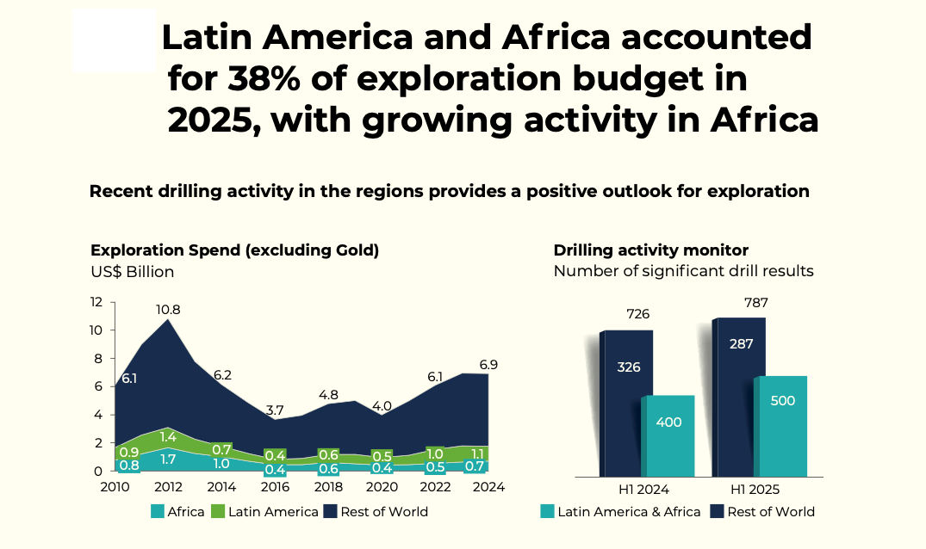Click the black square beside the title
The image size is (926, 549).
pos(114,40)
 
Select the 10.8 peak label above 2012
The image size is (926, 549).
pos(167,310)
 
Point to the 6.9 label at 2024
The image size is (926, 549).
pos(488,365)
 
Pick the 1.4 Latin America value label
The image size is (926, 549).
pos(167,436)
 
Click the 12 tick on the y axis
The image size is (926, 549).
pos(96,302)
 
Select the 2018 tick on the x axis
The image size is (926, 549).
pos(328,487)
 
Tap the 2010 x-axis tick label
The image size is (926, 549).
pos(115,487)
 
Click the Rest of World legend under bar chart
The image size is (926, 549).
pos(762,512)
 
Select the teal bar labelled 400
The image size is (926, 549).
pos(668,435)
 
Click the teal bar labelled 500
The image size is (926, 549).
pos(780,425)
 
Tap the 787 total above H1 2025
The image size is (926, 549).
pos(757,303)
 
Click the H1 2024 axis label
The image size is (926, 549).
pos(643,490)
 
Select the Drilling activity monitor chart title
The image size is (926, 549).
pos(650,250)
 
